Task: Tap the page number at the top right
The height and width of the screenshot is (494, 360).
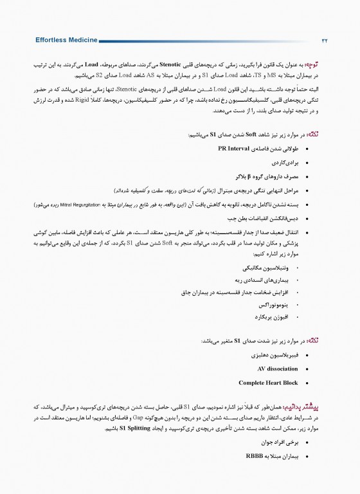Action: click(x=325, y=41)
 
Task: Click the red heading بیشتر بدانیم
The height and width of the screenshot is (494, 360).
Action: click(x=312, y=407)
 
